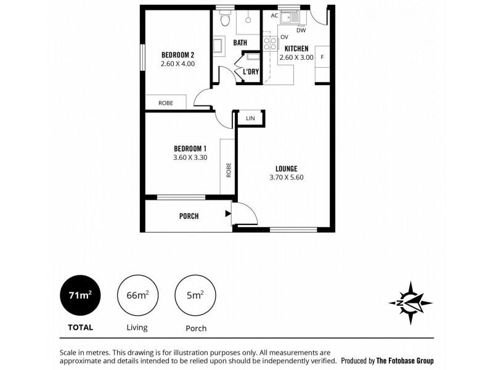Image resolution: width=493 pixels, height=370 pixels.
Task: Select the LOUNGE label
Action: point(287,168)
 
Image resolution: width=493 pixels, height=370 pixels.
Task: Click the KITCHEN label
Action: point(296,48)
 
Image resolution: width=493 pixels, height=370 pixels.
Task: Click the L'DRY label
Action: point(251,72)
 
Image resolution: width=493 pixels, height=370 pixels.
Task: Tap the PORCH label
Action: point(189,216)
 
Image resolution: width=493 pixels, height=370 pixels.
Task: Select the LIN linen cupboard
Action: point(250,118)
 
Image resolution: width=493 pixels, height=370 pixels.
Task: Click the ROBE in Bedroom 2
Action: point(165,103)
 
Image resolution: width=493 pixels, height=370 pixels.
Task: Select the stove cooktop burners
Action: point(271,43)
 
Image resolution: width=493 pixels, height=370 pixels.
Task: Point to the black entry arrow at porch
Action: point(229,214)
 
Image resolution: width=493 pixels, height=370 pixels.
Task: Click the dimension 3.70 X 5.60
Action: point(287,178)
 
